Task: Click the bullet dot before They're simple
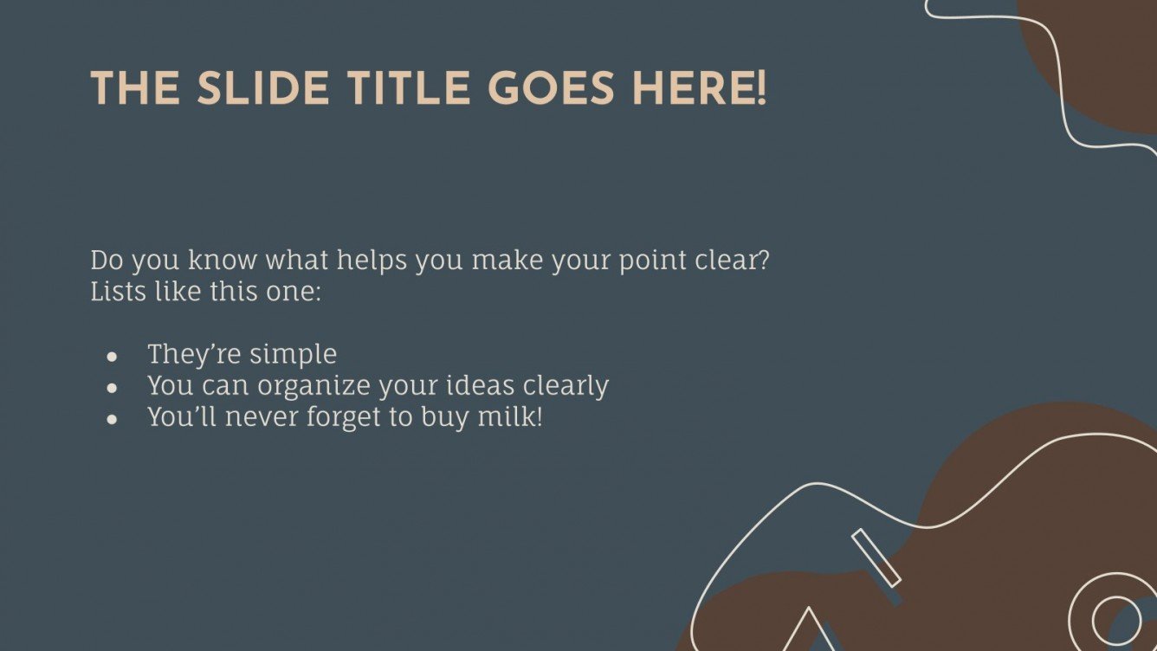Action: pyautogui.click(x=112, y=356)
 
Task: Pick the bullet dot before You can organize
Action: pyautogui.click(x=112, y=387)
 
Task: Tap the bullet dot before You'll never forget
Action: pyautogui.click(x=112, y=418)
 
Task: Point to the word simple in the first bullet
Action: pyautogui.click(x=293, y=355)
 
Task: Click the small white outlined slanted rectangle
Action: pyautogui.click(x=876, y=558)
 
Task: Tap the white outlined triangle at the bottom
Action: pyautogui.click(x=809, y=629)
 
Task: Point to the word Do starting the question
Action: pyautogui.click(x=107, y=260)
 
